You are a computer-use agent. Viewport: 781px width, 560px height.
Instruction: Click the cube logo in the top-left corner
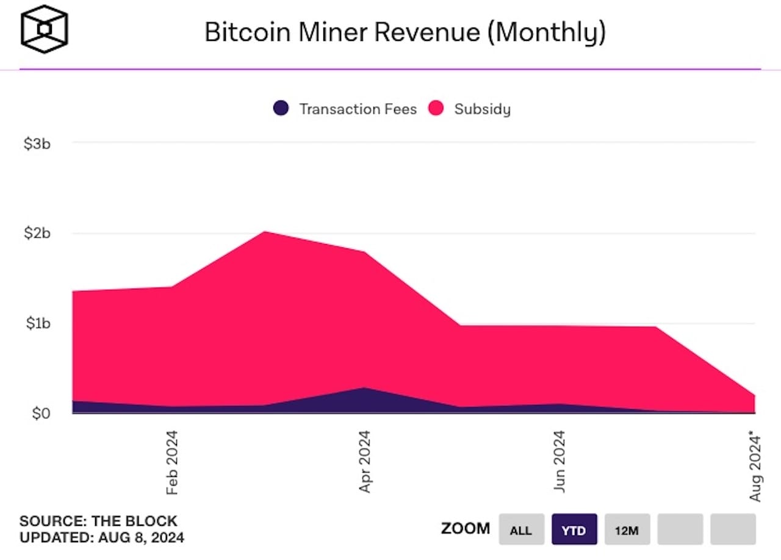(x=45, y=29)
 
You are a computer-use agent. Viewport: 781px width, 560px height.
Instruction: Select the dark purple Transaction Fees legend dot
(x=281, y=109)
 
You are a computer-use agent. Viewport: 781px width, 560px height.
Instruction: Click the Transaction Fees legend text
(x=358, y=109)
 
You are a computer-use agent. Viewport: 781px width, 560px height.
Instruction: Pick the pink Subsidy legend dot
(x=436, y=109)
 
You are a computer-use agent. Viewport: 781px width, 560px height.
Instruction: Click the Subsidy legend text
(x=482, y=109)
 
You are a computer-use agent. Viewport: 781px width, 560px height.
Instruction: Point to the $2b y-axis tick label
(x=37, y=233)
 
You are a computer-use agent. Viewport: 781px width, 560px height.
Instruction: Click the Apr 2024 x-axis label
(x=365, y=462)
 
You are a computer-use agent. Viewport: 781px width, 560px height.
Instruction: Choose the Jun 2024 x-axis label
(x=559, y=462)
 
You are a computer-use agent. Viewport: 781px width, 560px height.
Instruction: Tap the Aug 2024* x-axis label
(x=755, y=466)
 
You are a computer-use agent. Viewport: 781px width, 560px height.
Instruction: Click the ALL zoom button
(x=521, y=529)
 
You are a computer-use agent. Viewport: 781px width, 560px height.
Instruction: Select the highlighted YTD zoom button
(x=574, y=529)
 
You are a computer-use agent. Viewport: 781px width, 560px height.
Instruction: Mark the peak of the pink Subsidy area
(x=265, y=232)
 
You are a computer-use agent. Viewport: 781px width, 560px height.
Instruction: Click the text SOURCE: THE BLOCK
(x=98, y=522)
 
